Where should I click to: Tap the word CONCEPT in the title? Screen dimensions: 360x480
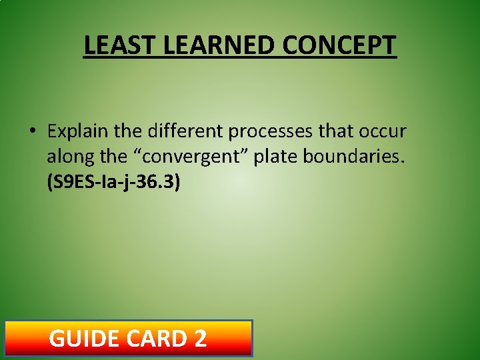tap(339, 46)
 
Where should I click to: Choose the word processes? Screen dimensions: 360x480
tap(271, 131)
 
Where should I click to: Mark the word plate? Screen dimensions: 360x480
tap(276, 157)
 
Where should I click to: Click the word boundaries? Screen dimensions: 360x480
tap(354, 157)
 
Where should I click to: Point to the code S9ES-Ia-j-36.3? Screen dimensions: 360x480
tap(113, 183)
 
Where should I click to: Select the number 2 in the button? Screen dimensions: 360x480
tap(199, 339)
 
